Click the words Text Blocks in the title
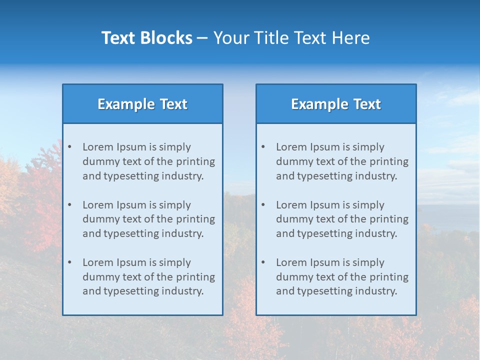[146, 38]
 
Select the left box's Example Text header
[142, 104]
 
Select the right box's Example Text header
[336, 104]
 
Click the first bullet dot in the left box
[69, 147]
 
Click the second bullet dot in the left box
[69, 205]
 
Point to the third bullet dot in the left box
[69, 262]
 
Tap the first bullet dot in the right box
[263, 147]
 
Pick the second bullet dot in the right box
[263, 205]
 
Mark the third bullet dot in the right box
[263, 262]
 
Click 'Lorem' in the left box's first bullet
[98, 147]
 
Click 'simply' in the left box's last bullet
[175, 262]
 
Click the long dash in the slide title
[202, 38]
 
